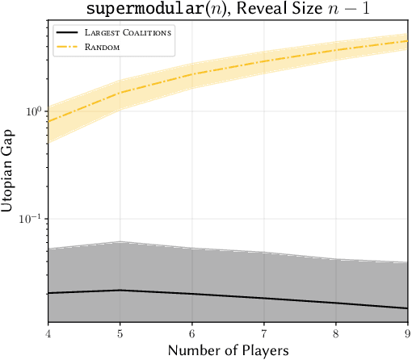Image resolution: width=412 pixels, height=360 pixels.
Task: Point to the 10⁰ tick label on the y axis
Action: click(32, 110)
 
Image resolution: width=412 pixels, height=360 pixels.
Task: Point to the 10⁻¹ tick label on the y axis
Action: click(30, 219)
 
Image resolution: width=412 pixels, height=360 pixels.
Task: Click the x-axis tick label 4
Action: click(48, 333)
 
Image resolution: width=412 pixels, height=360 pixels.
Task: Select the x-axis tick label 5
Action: click(120, 333)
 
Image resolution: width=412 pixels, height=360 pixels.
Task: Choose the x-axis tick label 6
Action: click(192, 333)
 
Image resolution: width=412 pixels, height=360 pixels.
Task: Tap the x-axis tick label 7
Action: click(263, 333)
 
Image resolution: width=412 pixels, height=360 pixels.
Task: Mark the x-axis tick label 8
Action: click(335, 333)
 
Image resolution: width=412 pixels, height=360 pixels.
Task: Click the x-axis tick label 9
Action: click(406, 333)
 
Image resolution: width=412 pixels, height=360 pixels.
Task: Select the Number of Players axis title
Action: click(228, 350)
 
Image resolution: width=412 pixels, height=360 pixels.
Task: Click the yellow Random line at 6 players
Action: click(192, 74)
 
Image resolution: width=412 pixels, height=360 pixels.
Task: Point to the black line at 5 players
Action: click(120, 290)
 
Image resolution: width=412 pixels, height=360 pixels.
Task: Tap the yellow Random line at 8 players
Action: click(335, 50)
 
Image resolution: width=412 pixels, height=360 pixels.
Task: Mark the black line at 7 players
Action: click(263, 299)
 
